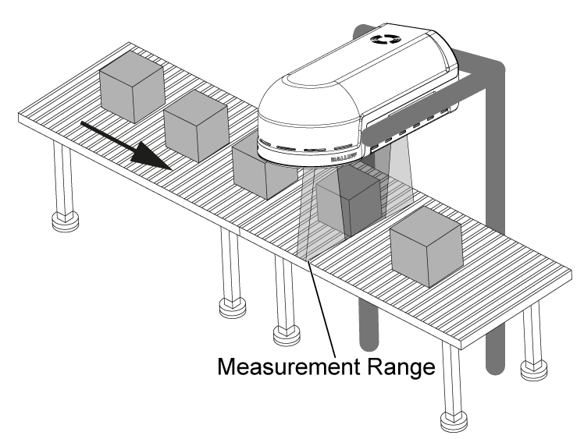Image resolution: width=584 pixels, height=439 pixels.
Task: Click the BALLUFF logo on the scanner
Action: (x=343, y=158)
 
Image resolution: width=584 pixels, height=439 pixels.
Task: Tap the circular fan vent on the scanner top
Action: (x=388, y=40)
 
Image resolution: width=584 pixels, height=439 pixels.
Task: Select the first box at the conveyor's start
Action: (x=131, y=90)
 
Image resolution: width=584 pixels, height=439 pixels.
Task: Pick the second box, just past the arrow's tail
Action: (x=196, y=126)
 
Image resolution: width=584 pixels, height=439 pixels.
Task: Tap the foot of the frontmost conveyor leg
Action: (x=454, y=422)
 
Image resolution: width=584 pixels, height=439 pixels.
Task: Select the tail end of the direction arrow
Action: (x=85, y=124)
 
